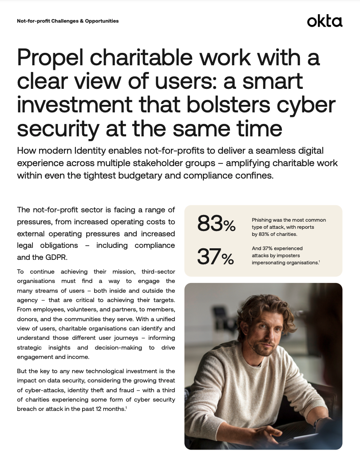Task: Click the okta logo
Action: point(324,21)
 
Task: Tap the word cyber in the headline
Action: point(308,105)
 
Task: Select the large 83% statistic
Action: point(216,224)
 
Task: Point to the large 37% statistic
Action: point(215,257)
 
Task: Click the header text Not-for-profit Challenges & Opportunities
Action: point(67,21)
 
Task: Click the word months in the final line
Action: point(111,408)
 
